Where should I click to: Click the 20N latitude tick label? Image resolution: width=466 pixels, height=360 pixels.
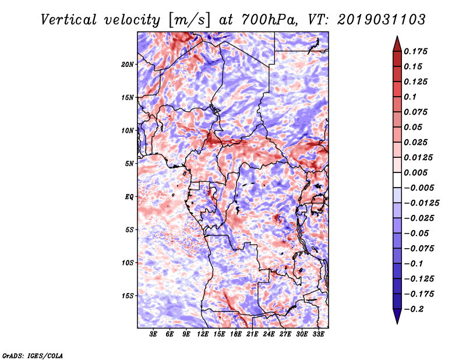pos(128,65)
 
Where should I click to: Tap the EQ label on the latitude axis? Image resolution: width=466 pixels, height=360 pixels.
pos(129,197)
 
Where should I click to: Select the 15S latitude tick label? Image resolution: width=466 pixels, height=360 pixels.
pos(128,296)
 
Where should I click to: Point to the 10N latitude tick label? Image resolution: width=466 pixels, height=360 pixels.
pos(128,131)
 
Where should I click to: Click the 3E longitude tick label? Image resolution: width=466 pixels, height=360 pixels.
pos(153,334)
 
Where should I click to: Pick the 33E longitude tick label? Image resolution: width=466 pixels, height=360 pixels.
pos(318,334)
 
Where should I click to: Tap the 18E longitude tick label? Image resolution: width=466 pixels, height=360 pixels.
pos(236,334)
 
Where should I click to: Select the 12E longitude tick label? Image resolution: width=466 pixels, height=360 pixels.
pos(203,334)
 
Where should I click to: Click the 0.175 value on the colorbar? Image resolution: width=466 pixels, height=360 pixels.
pos(415,51)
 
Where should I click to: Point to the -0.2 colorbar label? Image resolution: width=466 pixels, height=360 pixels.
pos(414,309)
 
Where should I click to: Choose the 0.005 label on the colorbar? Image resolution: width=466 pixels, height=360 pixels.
pos(415,172)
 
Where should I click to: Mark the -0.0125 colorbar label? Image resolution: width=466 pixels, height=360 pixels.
pos(421,203)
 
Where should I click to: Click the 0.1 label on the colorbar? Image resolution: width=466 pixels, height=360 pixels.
pos(410,97)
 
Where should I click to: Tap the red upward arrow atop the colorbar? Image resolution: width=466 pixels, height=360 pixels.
pos(397,44)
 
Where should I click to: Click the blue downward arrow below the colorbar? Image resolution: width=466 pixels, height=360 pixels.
pos(397,316)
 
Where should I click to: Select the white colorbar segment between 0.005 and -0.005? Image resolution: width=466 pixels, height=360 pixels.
pos(397,180)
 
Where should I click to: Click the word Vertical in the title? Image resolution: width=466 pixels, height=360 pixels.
pos(69,20)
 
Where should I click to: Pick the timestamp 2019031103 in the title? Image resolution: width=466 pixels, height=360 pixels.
pos(382,20)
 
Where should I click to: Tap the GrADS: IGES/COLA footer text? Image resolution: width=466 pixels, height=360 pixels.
pos(33,355)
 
